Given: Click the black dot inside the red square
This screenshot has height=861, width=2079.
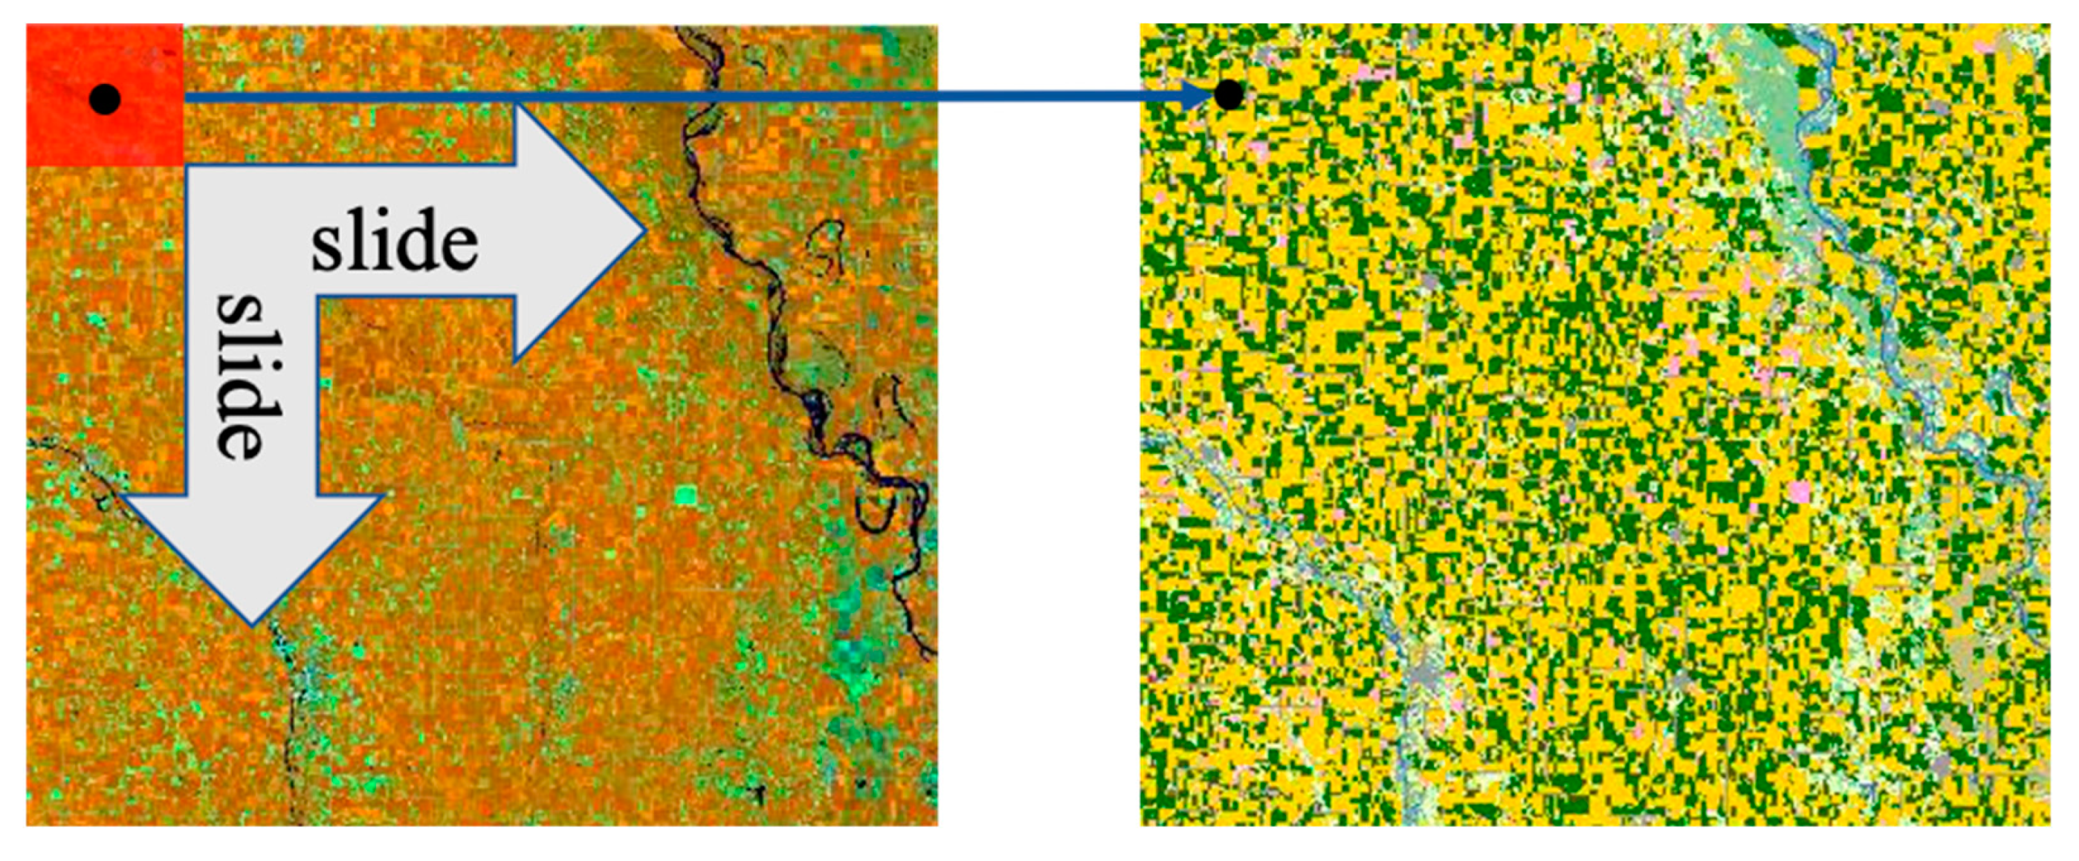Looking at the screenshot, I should pyautogui.click(x=105, y=100).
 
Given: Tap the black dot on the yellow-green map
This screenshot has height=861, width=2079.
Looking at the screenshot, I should pyautogui.click(x=1229, y=95).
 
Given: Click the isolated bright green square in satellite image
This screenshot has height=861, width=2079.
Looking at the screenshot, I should pyautogui.click(x=685, y=495).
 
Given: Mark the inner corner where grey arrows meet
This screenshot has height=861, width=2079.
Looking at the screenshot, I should pyautogui.click(x=317, y=297).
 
